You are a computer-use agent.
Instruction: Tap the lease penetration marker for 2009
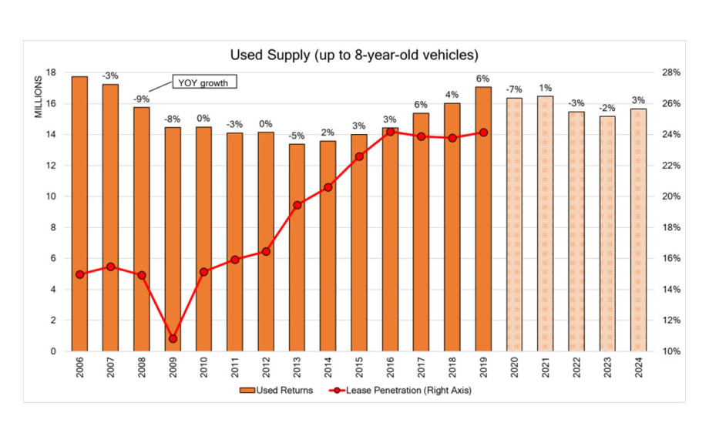pyautogui.click(x=173, y=338)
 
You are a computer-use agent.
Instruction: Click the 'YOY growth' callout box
pyautogui.click(x=203, y=82)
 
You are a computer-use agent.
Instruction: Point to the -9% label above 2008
pyautogui.click(x=142, y=99)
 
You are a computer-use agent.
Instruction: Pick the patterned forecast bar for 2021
pyautogui.click(x=545, y=223)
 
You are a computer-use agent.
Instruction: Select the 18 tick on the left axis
pyautogui.click(x=52, y=72)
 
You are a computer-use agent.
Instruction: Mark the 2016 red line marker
pyautogui.click(x=390, y=132)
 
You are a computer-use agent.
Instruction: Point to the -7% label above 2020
pyautogui.click(x=514, y=89)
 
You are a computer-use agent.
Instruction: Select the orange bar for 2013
pyautogui.click(x=297, y=247)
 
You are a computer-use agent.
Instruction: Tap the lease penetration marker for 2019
pyautogui.click(x=483, y=133)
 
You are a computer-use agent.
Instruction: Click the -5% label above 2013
pyautogui.click(x=297, y=136)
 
